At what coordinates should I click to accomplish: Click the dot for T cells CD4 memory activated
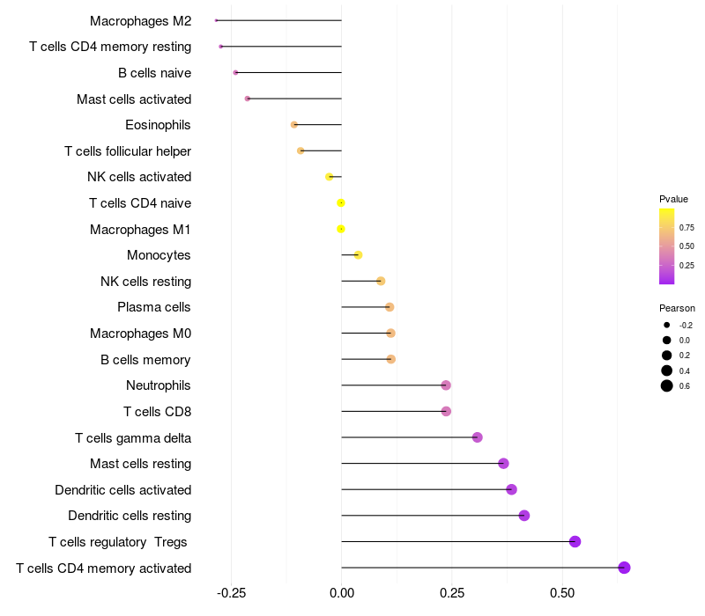(624, 568)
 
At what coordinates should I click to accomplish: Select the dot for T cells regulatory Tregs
(575, 541)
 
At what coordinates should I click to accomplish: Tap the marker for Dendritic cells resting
(524, 516)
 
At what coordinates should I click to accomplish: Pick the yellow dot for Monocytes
(358, 255)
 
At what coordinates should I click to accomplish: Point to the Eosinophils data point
(294, 125)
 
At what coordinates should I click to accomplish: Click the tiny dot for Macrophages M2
(216, 20)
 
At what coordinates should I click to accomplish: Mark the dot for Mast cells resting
(503, 464)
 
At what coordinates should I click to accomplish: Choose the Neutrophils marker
(446, 385)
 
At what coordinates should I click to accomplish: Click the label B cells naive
(154, 73)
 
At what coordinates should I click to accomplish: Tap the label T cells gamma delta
(133, 437)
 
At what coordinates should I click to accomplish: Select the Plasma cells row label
(154, 307)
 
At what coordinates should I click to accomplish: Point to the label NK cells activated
(139, 177)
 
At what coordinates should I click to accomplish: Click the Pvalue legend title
(673, 199)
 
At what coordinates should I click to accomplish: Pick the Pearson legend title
(677, 308)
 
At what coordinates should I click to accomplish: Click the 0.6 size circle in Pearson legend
(667, 385)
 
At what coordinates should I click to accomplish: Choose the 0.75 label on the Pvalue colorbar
(686, 227)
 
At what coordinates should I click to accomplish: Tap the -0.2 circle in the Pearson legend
(667, 325)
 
